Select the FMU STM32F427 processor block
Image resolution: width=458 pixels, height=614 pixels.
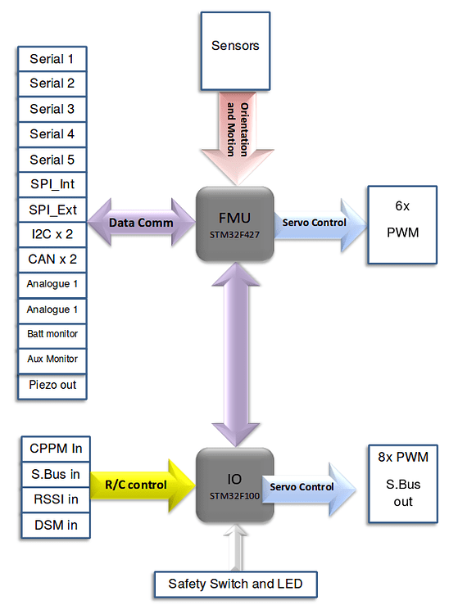(x=234, y=223)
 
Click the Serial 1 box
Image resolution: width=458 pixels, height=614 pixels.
(x=52, y=59)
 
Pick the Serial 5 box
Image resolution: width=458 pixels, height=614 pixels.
(x=52, y=160)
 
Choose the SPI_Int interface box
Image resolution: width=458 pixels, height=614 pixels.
(x=52, y=185)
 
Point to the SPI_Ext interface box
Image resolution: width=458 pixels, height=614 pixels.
(x=52, y=210)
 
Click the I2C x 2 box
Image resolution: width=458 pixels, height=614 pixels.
(x=52, y=235)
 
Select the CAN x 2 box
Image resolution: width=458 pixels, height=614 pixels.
(x=52, y=260)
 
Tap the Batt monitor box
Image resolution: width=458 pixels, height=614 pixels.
(x=52, y=334)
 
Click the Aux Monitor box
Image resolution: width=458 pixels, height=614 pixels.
(x=52, y=359)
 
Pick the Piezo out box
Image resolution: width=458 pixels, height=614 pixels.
(x=52, y=384)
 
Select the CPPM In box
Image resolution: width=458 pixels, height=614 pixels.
(x=55, y=449)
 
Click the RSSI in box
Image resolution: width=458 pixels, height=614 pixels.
(x=55, y=499)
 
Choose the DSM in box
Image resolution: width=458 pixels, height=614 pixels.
(x=55, y=525)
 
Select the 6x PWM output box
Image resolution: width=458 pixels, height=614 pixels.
(x=401, y=223)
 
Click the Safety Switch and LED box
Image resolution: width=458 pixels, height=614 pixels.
(x=235, y=584)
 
